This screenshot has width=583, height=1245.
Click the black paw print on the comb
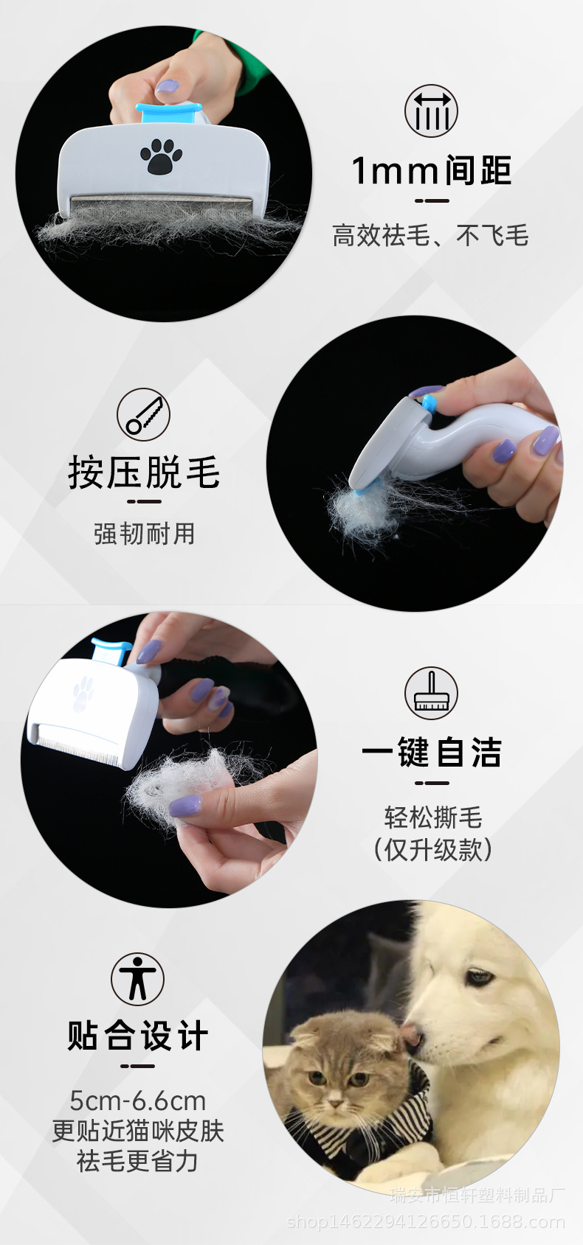click(x=161, y=156)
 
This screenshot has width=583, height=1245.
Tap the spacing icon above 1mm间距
click(x=431, y=111)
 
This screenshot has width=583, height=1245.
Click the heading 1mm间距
click(x=432, y=171)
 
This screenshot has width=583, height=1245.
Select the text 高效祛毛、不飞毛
click(x=430, y=236)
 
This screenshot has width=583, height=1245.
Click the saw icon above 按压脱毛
click(x=143, y=415)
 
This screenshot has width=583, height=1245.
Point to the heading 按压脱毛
click(x=144, y=472)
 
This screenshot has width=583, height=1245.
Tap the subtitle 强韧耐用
click(x=144, y=533)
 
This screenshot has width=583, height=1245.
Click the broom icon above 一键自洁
click(x=431, y=694)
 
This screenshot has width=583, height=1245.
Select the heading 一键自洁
click(x=432, y=753)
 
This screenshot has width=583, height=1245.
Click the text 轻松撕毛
click(x=432, y=817)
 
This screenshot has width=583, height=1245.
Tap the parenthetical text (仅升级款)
click(x=432, y=849)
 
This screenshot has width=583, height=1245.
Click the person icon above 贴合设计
click(x=137, y=978)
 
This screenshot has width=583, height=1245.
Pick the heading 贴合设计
click(x=138, y=1036)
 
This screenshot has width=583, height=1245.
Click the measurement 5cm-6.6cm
click(x=138, y=1101)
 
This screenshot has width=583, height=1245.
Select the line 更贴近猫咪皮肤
click(x=138, y=1131)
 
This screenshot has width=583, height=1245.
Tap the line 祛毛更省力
click(x=138, y=1161)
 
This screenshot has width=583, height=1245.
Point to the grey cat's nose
click(x=336, y=1103)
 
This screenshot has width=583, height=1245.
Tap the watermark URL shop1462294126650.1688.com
click(x=426, y=1222)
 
